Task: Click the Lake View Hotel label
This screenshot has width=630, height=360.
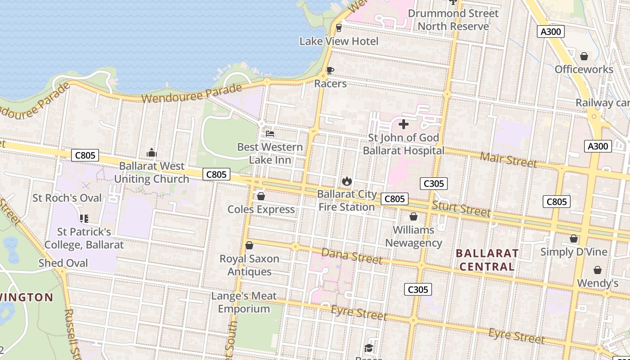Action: pyautogui.click(x=339, y=41)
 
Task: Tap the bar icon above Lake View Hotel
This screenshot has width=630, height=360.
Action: pyautogui.click(x=339, y=28)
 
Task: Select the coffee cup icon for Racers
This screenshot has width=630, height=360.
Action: pyautogui.click(x=330, y=70)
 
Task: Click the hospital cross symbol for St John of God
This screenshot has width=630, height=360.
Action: pyautogui.click(x=404, y=124)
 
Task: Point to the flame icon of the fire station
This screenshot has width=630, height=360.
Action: pyautogui.click(x=346, y=181)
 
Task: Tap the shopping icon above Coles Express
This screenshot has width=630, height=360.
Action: pyautogui.click(x=261, y=196)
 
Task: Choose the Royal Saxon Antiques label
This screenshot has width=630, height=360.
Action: pyautogui.click(x=249, y=265)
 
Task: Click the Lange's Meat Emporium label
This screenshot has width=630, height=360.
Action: pyautogui.click(x=244, y=302)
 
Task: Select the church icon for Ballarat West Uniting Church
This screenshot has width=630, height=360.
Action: pyautogui.click(x=152, y=153)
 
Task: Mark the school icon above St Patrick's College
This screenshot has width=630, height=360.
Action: pyautogui.click(x=84, y=219)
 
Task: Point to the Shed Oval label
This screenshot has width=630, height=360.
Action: pyautogui.click(x=63, y=263)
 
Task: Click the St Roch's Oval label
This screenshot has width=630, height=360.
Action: pyautogui.click(x=67, y=198)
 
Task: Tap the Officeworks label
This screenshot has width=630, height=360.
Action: pyautogui.click(x=584, y=69)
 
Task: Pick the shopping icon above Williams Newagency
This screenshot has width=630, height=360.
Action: pyautogui.click(x=414, y=217)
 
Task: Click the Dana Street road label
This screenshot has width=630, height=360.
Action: pyautogui.click(x=352, y=256)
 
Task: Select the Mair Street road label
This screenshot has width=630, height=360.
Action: pyautogui.click(x=508, y=159)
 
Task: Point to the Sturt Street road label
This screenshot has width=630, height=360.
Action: pyautogui.click(x=461, y=209)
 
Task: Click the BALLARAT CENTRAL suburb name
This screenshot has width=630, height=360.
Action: pyautogui.click(x=487, y=260)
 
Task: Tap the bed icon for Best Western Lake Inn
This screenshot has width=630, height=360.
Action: pyautogui.click(x=270, y=134)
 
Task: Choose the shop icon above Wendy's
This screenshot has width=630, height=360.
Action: pyautogui.click(x=598, y=270)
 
